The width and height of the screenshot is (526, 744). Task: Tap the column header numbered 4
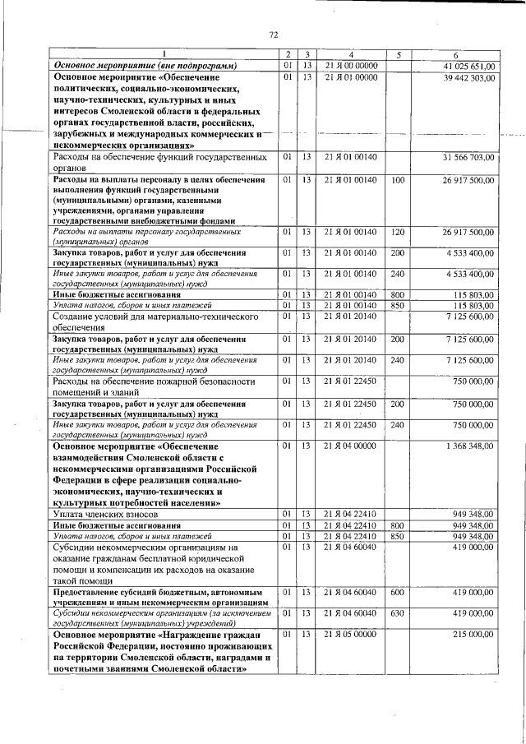coord(350,55)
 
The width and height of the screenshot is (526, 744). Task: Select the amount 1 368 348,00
coord(471,446)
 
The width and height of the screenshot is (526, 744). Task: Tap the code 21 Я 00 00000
coord(351,66)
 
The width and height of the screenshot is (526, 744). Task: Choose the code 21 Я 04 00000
coord(351,446)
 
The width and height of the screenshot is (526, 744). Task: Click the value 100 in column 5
coord(398,179)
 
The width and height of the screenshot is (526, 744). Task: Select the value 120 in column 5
coord(398,233)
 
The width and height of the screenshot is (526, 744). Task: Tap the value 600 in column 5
coord(398,592)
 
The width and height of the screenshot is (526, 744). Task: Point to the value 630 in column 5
coord(398,613)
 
